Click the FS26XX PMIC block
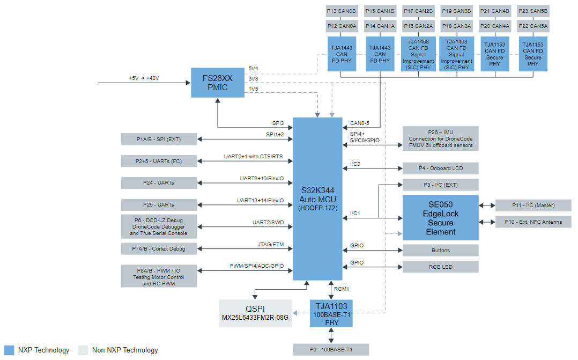pyautogui.click(x=217, y=83)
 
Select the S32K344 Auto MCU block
pyautogui.click(x=318, y=199)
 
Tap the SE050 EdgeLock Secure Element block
pyautogui.click(x=440, y=218)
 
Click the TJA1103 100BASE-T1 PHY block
pyautogui.click(x=331, y=313)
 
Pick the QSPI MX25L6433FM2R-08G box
pyautogui.click(x=255, y=313)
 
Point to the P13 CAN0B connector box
pyautogui.click(x=341, y=11)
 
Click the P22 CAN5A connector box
pyautogui.click(x=533, y=26)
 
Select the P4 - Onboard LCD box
pyautogui.click(x=440, y=168)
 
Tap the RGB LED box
pyautogui.click(x=440, y=267)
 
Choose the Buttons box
pyautogui.click(x=440, y=251)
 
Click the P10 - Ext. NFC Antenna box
pyautogui.click(x=533, y=222)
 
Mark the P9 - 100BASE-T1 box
pyautogui.click(x=331, y=349)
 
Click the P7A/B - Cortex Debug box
pyautogui.click(x=159, y=248)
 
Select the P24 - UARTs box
pyautogui.click(x=159, y=183)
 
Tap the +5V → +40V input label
pyautogui.click(x=144, y=78)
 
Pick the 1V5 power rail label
pyautogui.click(x=253, y=89)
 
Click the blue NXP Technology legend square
pyautogui.click(x=9, y=350)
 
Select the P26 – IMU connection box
pyautogui.click(x=440, y=139)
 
